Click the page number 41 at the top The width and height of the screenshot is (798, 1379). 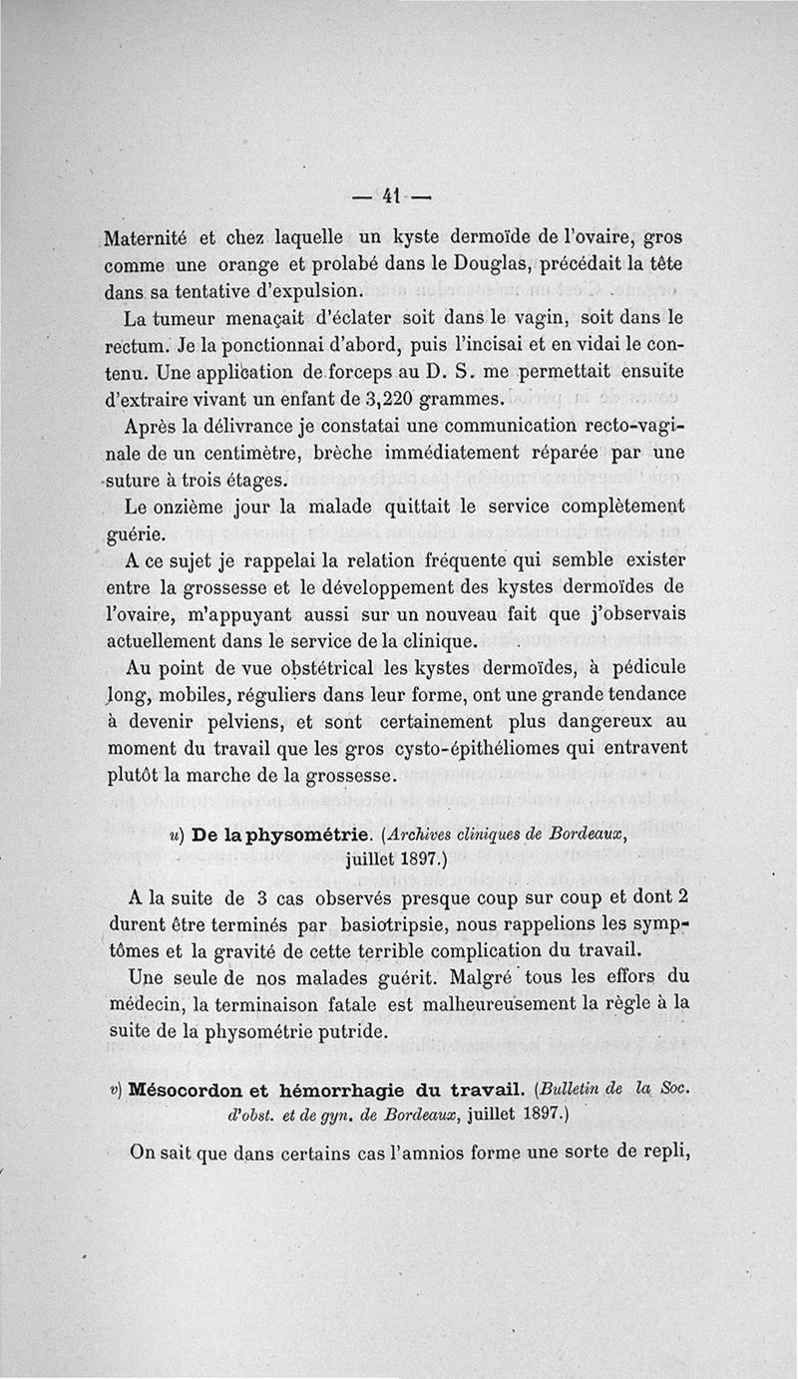coord(390,196)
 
